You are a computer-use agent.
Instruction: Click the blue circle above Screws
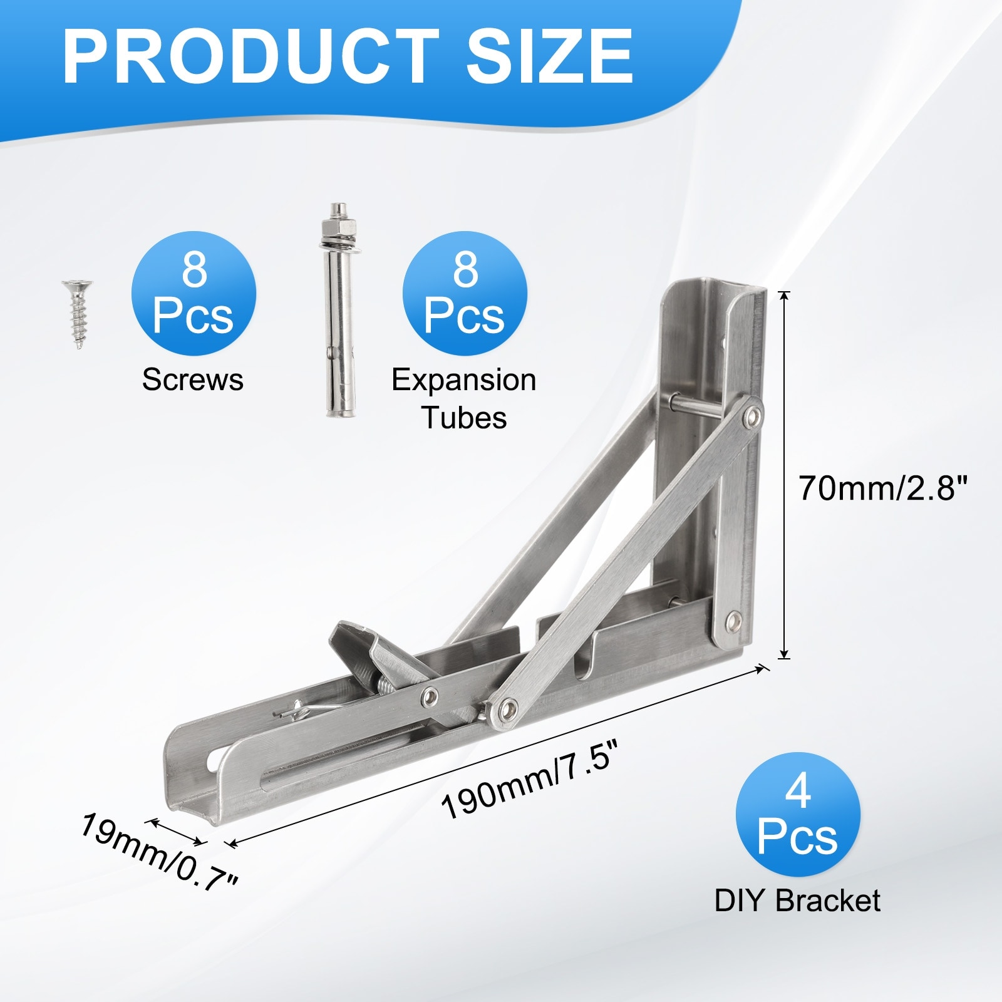194,293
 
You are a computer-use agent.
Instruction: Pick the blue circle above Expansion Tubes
465,293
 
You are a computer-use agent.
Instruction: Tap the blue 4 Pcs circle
798,814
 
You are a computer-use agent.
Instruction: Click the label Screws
193,380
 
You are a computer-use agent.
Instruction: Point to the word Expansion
464,381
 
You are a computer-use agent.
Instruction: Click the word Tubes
464,418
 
